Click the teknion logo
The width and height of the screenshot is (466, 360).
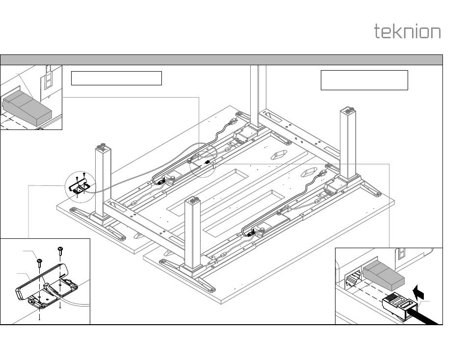(x=407, y=31)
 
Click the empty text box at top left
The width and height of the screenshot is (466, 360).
(x=116, y=78)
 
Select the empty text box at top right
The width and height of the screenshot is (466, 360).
(x=364, y=80)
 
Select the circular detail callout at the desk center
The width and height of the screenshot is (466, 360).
(x=203, y=163)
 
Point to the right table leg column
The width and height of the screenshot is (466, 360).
(x=348, y=142)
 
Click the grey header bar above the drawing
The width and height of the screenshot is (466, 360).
(x=221, y=60)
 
